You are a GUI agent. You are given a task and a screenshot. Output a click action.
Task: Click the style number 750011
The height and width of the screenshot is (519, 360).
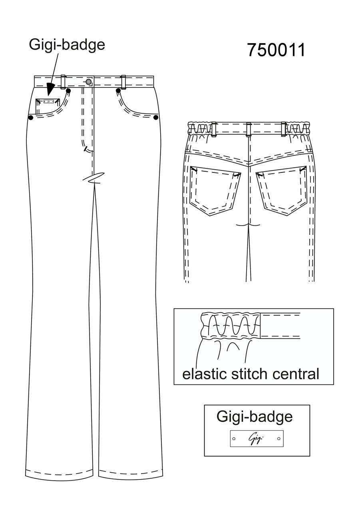pyautogui.click(x=276, y=50)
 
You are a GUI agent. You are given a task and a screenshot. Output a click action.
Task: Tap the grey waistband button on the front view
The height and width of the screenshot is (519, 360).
pyautogui.click(x=88, y=81)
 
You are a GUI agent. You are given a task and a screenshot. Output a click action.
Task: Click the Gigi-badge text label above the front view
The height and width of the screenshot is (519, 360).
pyautogui.click(x=67, y=45)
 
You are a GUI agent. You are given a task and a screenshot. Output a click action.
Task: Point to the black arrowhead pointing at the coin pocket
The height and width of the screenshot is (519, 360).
pyautogui.click(x=51, y=89)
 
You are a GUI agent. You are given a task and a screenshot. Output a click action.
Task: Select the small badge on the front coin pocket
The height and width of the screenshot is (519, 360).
pyautogui.click(x=49, y=101)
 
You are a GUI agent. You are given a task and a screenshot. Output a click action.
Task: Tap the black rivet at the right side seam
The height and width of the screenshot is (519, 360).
pyautogui.click(x=156, y=118)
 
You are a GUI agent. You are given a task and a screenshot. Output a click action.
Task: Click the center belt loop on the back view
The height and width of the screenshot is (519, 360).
pyautogui.click(x=249, y=129)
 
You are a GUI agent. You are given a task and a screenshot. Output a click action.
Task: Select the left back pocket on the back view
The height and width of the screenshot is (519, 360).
pyautogui.click(x=215, y=191)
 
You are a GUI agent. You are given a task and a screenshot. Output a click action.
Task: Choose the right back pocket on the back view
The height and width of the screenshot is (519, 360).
pyautogui.click(x=282, y=191)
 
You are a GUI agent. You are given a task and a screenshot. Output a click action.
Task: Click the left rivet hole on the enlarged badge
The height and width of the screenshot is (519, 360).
pyautogui.click(x=234, y=439)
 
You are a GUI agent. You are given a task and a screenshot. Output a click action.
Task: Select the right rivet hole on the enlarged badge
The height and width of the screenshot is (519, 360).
pyautogui.click(x=279, y=439)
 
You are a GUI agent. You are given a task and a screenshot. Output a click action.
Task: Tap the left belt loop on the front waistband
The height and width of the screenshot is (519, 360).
pyautogui.click(x=63, y=82)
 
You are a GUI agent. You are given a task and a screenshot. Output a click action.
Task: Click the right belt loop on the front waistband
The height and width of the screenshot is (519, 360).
pyautogui.click(x=123, y=82)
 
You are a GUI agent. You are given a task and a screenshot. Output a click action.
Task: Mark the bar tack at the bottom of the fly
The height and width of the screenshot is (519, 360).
pyautogui.click(x=88, y=150)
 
